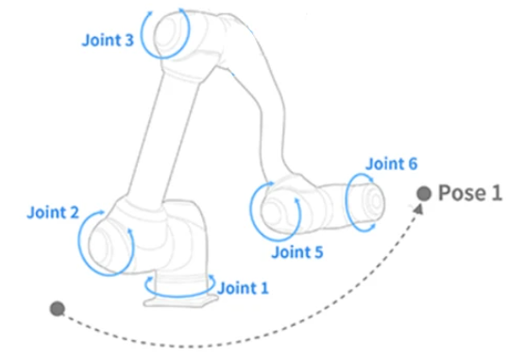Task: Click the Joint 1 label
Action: click(244, 287)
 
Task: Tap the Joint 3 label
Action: click(107, 40)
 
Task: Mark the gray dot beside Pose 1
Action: click(424, 193)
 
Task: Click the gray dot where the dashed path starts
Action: click(58, 308)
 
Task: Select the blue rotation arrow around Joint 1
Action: click(179, 284)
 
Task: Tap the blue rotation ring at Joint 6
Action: click(360, 201)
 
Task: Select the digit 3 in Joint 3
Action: click(127, 40)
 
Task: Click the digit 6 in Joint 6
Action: click(412, 163)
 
